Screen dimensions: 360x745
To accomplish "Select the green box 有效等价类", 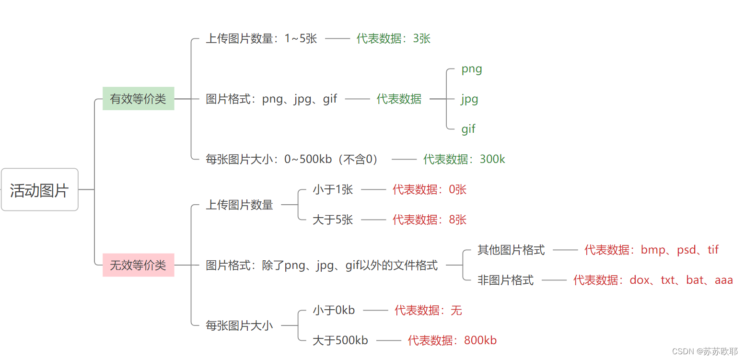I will (x=138, y=99).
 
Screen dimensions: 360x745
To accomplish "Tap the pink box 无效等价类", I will (x=138, y=265).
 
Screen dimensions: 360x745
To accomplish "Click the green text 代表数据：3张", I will (x=393, y=38).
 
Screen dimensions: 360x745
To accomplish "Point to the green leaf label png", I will (x=472, y=69).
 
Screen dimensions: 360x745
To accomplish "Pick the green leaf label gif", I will (x=468, y=129).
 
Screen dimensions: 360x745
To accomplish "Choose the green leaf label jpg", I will (x=470, y=99).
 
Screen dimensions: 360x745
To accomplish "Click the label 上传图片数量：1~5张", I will (x=261, y=38).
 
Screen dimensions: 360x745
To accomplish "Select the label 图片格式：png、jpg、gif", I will (x=271, y=99).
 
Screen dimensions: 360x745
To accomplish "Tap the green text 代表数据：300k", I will (x=464, y=159).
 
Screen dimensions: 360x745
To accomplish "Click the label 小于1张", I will (x=333, y=189).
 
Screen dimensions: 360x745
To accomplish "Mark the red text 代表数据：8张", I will (x=429, y=220).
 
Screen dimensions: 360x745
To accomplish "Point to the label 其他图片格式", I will (x=511, y=250).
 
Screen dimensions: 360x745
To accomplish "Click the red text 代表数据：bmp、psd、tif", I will (x=651, y=250).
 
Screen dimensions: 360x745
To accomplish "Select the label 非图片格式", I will (x=505, y=280).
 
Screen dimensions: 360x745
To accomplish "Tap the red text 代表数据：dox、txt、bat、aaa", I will (x=653, y=280).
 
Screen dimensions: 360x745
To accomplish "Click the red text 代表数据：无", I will (x=428, y=310).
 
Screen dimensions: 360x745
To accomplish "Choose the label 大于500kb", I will (x=340, y=340).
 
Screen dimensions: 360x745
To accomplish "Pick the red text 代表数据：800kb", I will (x=452, y=340).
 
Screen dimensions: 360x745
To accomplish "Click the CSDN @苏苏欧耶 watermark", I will (x=705, y=351).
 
